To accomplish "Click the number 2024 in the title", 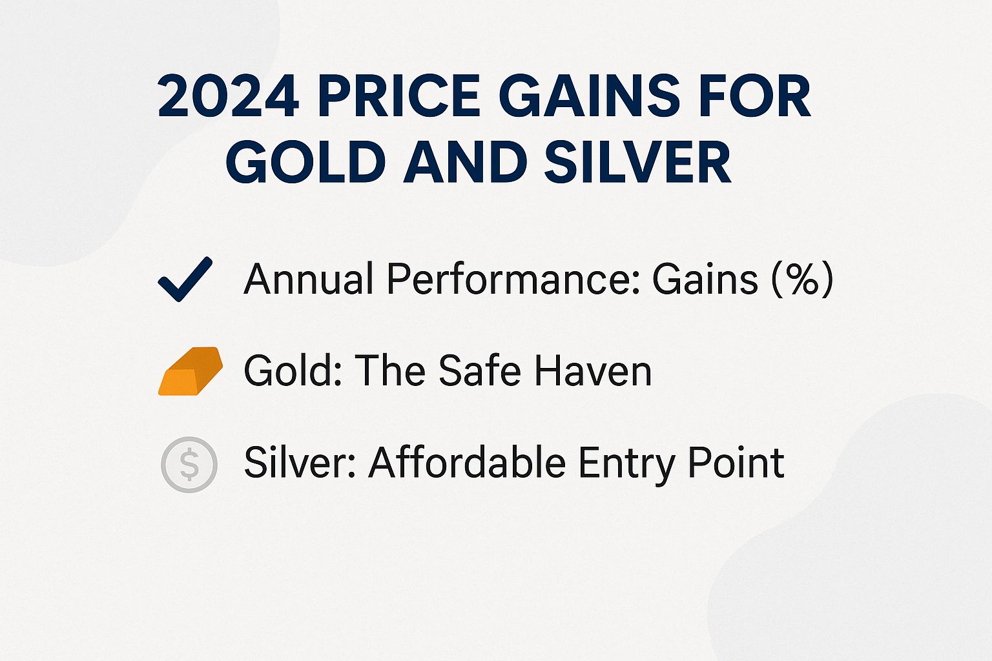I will click(228, 97).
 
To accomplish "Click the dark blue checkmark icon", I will click(185, 280).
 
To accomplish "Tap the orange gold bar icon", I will click(190, 371).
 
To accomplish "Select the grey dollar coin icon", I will click(189, 464).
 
